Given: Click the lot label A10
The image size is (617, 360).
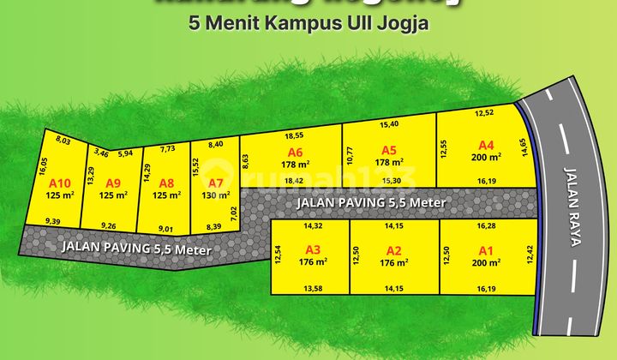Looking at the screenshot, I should click(x=59, y=183).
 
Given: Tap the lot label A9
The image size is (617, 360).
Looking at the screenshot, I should click(x=113, y=183).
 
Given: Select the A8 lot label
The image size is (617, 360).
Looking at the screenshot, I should click(x=166, y=183).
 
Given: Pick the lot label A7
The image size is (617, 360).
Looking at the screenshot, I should click(x=216, y=183).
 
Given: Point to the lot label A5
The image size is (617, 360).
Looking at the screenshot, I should click(x=389, y=149).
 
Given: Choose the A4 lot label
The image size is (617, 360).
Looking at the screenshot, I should click(x=487, y=145).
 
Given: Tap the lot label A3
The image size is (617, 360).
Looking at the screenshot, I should click(x=313, y=250).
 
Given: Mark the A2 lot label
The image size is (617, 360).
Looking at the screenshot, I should click(x=394, y=250).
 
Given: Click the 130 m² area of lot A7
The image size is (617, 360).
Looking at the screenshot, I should click(x=216, y=195).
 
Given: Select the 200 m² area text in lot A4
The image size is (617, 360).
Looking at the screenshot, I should click(x=487, y=157).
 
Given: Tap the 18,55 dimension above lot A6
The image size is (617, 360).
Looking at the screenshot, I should click(x=294, y=135).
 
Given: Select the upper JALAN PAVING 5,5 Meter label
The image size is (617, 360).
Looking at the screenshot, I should click(x=371, y=203).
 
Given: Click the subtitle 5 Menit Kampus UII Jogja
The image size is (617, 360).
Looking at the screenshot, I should click(x=308, y=23).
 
